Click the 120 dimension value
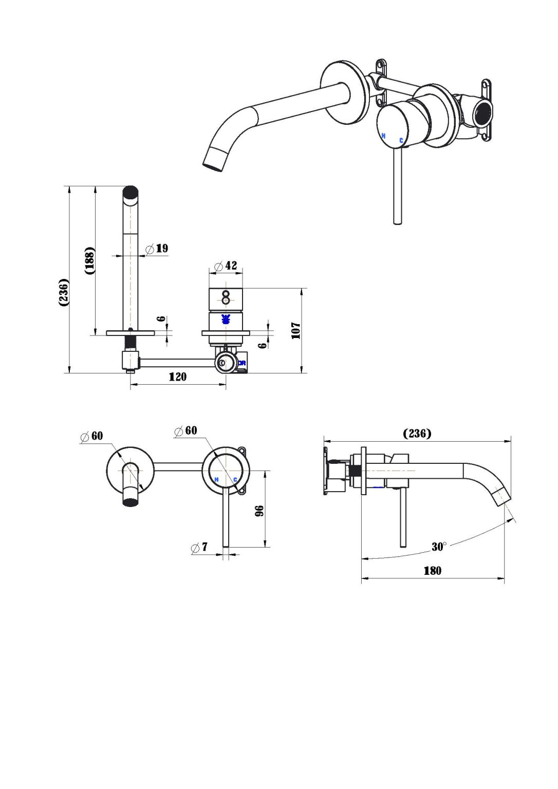point(177,377)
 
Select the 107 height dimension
point(295,330)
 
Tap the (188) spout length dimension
point(90,260)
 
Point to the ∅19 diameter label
point(157,249)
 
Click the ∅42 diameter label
point(226,266)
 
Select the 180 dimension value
point(432,571)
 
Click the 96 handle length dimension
point(259,511)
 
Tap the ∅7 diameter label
point(199,547)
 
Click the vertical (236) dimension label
point(64,292)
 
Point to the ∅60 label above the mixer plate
point(185,430)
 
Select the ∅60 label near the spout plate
point(92,436)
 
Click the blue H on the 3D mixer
point(383,136)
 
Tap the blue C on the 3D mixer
point(401,140)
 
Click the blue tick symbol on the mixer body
point(225,319)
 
